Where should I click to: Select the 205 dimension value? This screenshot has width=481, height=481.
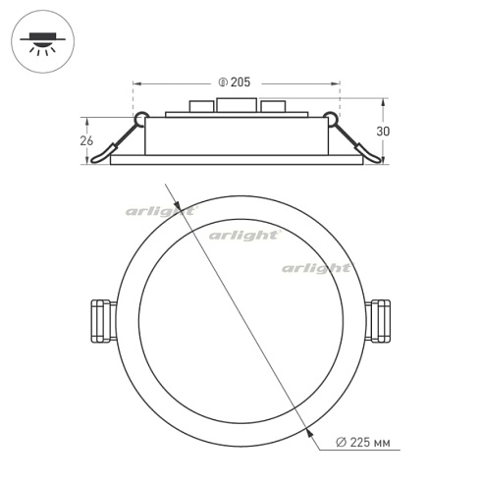click(x=240, y=82)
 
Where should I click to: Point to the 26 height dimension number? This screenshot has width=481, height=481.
click(x=86, y=140)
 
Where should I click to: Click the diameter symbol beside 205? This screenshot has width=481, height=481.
click(x=223, y=82)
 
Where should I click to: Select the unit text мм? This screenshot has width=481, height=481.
click(x=382, y=444)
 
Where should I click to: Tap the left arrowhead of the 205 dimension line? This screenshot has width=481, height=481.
click(x=136, y=82)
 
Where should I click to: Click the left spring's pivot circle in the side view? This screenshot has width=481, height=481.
click(x=141, y=120)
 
